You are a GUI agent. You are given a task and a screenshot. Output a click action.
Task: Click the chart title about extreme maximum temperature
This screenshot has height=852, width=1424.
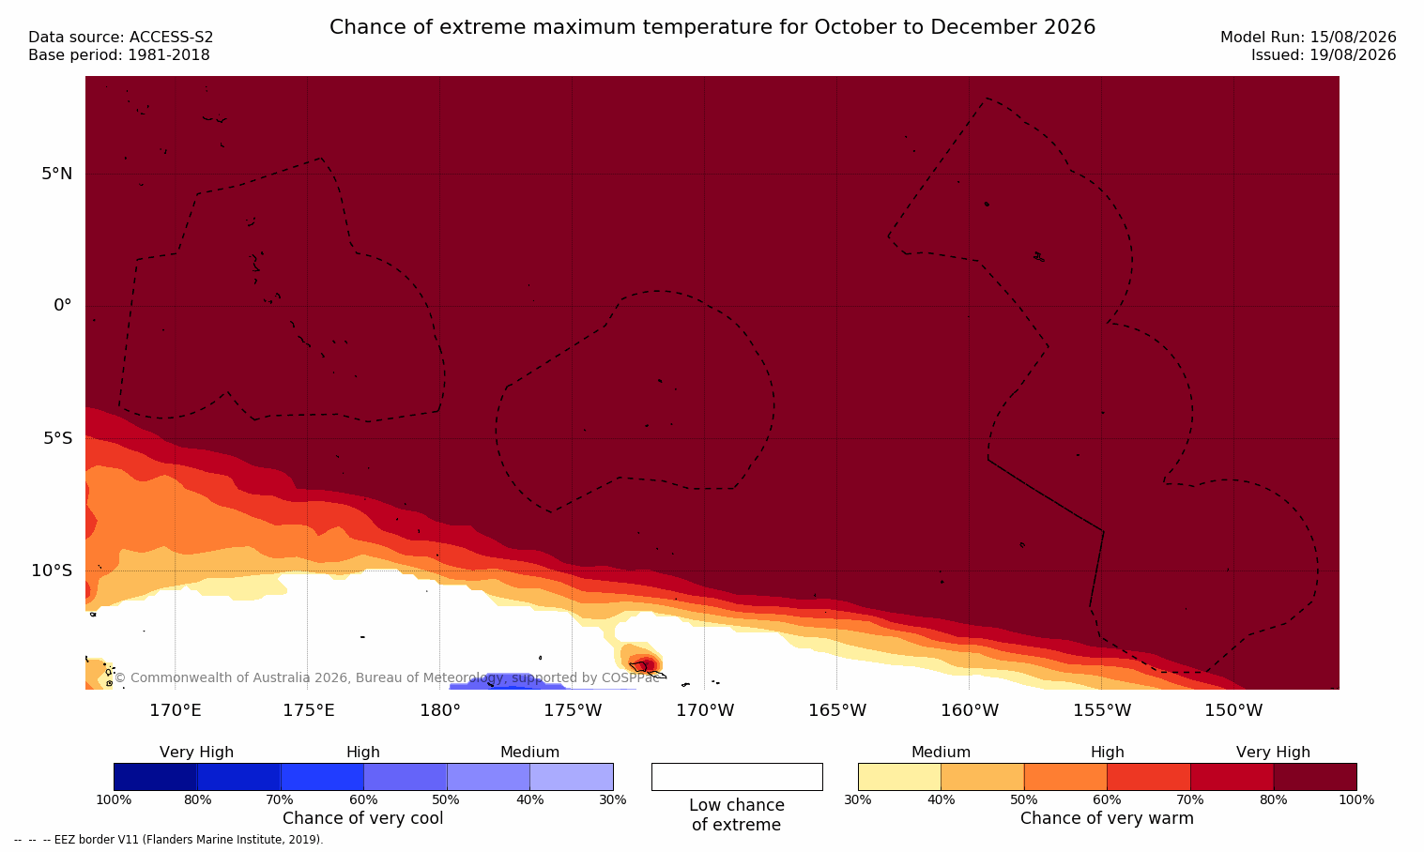coord(712,27)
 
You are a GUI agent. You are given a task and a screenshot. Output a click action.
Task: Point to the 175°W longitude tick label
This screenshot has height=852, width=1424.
coord(573,710)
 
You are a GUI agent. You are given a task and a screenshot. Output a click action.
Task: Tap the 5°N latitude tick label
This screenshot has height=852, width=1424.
coord(57,174)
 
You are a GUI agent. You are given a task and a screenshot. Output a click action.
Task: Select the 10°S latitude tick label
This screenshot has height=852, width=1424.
coord(53,571)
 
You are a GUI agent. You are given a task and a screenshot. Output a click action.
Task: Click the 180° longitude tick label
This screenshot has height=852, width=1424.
coord(440,710)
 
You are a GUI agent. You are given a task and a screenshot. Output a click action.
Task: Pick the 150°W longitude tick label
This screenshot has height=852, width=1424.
coord(1233,710)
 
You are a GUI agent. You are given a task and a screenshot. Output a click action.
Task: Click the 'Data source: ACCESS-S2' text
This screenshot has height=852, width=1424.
coord(121,38)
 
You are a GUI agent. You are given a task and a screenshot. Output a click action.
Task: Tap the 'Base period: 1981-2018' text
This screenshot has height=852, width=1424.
coord(119,55)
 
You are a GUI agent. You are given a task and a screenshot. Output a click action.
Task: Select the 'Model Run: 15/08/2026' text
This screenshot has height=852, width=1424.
coord(1309,38)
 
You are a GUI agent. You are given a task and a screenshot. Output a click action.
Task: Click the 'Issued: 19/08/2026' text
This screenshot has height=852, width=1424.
coord(1324,55)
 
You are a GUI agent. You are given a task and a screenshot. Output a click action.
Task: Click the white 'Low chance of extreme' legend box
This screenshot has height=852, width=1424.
coord(737,776)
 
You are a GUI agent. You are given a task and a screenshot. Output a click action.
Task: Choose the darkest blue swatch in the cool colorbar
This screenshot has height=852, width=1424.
coord(156,776)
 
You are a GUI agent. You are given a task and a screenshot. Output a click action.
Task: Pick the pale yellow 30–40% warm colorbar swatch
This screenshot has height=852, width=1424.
coord(899,776)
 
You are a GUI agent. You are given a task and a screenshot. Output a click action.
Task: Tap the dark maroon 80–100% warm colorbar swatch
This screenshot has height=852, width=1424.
coord(1315,776)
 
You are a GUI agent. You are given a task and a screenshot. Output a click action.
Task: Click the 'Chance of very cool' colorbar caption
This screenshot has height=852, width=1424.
coord(363,818)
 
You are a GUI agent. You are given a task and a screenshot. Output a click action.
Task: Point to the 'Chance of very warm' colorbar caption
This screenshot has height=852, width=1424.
coord(1107,818)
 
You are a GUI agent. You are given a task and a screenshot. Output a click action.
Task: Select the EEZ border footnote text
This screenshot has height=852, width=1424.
coord(168,840)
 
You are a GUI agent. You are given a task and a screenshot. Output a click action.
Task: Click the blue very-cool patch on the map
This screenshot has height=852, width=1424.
coord(509,682)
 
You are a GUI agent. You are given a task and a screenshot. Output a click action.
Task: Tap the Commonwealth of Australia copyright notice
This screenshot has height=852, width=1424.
coord(387,677)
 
